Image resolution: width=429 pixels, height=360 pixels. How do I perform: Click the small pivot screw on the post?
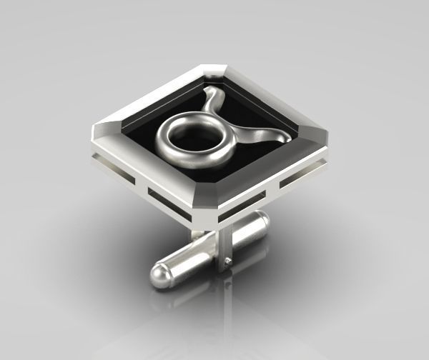click(x=227, y=262)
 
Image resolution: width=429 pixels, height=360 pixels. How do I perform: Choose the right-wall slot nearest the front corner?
click(x=240, y=208)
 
